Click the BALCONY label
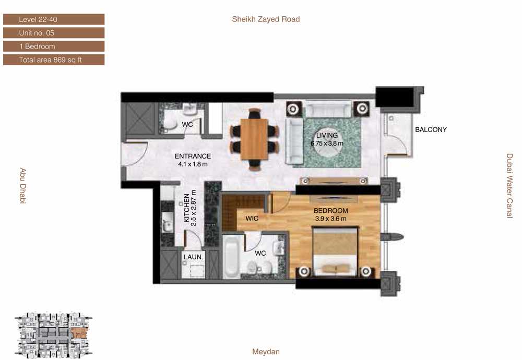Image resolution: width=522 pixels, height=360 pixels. (431, 130)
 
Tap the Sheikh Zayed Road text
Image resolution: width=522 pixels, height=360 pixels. (266, 19)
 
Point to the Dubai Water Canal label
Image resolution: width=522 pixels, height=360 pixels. (509, 186)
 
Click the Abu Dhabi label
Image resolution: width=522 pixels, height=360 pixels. (22, 186)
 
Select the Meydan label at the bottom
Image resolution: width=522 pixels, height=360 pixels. (266, 352)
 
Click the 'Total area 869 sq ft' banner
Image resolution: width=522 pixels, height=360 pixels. (54, 60)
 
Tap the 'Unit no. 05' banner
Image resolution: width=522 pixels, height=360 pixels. (54, 33)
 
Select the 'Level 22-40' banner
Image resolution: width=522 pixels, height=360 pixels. (54, 19)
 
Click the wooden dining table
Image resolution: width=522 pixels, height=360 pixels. (254, 139)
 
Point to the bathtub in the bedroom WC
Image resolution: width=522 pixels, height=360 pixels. (231, 257)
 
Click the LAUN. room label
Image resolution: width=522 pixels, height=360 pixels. (193, 257)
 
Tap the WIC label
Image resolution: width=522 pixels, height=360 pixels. (252, 219)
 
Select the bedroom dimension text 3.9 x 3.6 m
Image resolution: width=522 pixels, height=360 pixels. (330, 219)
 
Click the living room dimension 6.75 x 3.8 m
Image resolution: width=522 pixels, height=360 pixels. (327, 143)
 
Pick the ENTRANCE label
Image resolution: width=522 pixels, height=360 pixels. (193, 156)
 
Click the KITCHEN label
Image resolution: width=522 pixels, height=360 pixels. (187, 208)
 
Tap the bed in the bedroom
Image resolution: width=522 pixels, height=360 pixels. (335, 252)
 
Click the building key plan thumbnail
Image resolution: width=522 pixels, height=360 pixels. (53, 335)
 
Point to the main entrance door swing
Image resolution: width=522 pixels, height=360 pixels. (135, 154)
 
